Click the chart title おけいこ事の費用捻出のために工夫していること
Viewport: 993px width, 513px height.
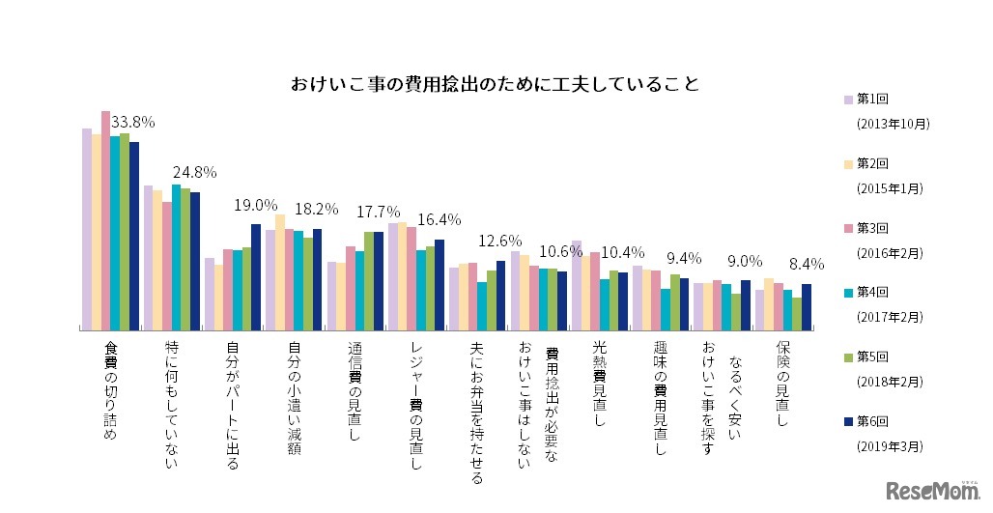[x=496, y=84]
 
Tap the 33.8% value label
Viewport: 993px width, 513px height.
[x=133, y=123]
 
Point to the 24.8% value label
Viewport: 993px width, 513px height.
[x=194, y=173]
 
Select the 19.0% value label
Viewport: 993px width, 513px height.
[x=256, y=206]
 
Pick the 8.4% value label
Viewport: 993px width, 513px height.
[x=805, y=263]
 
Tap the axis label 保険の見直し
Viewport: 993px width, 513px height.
[x=782, y=385]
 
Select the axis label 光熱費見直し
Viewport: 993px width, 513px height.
[x=599, y=385]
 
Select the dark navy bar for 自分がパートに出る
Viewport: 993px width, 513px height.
[x=256, y=277]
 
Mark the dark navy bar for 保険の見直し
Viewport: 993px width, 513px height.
[x=806, y=307]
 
